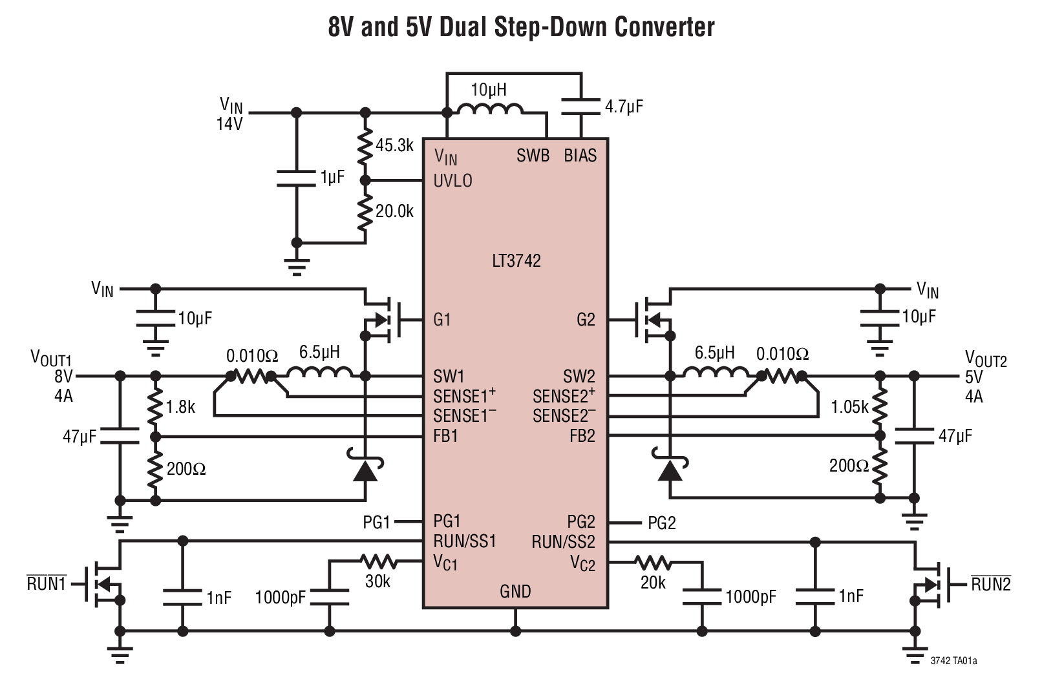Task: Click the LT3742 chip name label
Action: click(x=516, y=261)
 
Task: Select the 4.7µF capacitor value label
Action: click(x=624, y=107)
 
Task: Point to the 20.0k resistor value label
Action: click(x=394, y=211)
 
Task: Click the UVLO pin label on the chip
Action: click(x=452, y=181)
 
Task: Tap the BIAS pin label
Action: click(x=580, y=156)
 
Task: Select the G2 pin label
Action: click(x=585, y=320)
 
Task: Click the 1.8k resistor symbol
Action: click(x=154, y=407)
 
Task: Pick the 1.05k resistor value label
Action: click(x=849, y=407)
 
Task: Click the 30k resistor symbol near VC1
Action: click(x=377, y=561)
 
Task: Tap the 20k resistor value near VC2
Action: click(x=653, y=583)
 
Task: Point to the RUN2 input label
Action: click(x=990, y=585)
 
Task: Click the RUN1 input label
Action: click(x=47, y=584)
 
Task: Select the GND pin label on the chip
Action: click(x=515, y=591)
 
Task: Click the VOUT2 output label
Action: click(x=985, y=359)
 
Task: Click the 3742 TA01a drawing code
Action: click(x=953, y=661)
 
